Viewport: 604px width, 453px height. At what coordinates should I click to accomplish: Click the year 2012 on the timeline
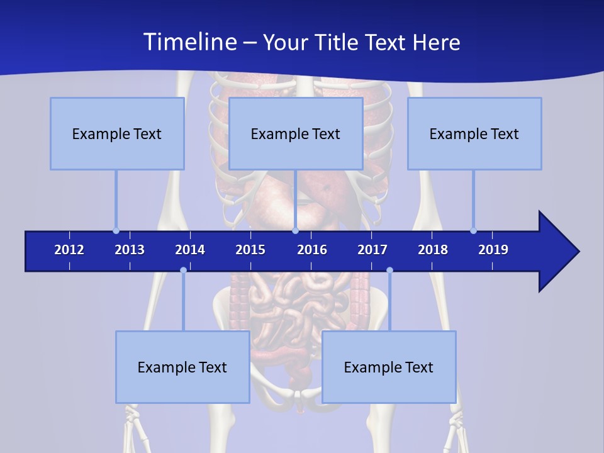click(69, 250)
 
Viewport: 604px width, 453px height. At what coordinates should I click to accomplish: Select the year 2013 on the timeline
click(130, 250)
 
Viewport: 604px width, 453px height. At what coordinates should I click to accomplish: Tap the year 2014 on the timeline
click(190, 250)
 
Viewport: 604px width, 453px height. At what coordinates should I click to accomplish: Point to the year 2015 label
click(250, 250)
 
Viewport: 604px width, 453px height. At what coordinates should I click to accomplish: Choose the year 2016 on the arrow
click(312, 250)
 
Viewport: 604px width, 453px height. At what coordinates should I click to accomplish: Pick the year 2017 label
click(372, 250)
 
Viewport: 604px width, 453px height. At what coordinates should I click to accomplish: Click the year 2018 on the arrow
click(433, 250)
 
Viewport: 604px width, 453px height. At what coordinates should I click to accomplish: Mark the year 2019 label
click(493, 250)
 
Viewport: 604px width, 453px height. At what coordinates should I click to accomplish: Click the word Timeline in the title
click(189, 42)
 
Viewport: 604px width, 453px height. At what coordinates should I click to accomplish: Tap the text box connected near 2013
click(117, 133)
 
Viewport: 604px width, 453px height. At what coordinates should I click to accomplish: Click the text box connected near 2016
click(296, 133)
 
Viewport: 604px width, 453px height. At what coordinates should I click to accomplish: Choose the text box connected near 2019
click(474, 133)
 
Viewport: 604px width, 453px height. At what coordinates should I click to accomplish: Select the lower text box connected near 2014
click(182, 367)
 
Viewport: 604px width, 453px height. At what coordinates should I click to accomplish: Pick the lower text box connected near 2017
click(389, 367)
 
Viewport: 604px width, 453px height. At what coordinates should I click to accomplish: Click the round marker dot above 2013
click(116, 230)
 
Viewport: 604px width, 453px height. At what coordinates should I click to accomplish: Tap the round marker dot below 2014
click(183, 270)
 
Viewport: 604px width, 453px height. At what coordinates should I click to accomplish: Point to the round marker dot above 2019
click(473, 230)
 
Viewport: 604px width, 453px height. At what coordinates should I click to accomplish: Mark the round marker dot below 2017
click(389, 270)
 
